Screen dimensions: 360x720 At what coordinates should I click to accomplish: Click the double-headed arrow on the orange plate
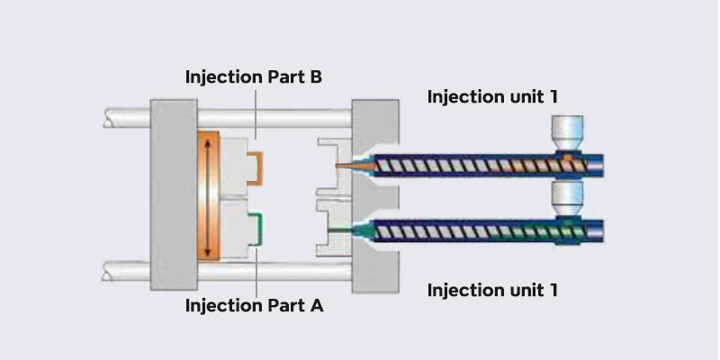(208, 196)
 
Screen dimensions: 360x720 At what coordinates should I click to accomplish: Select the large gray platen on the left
(173, 195)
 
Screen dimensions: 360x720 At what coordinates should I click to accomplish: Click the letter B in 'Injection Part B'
(315, 76)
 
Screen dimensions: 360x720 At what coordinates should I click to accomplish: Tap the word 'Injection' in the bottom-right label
(459, 291)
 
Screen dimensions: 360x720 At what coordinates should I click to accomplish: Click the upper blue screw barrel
(486, 166)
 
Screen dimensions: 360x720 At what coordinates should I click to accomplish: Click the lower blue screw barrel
(486, 232)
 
